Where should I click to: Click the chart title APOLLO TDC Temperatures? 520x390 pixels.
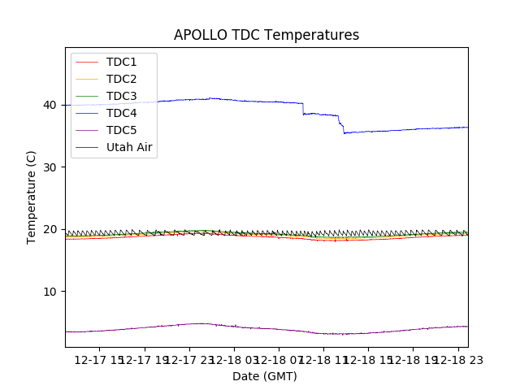coord(266,35)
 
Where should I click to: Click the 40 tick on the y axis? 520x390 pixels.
coord(53,105)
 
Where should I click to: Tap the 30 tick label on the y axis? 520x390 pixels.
coord(53,167)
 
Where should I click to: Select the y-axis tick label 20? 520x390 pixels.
coord(53,229)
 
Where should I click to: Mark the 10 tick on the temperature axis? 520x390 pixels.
coord(53,292)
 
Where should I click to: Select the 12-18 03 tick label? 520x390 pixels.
coord(235,359)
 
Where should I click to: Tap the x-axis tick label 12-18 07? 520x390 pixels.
coord(279,359)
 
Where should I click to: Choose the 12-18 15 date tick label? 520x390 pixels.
coord(369,359)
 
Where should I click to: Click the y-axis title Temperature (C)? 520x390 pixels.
coord(32,197)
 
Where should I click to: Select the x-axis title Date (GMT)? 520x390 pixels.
coord(265,376)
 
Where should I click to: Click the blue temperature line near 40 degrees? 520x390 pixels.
coord(244,101)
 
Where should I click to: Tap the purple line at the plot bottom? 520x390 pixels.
coord(244,327)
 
